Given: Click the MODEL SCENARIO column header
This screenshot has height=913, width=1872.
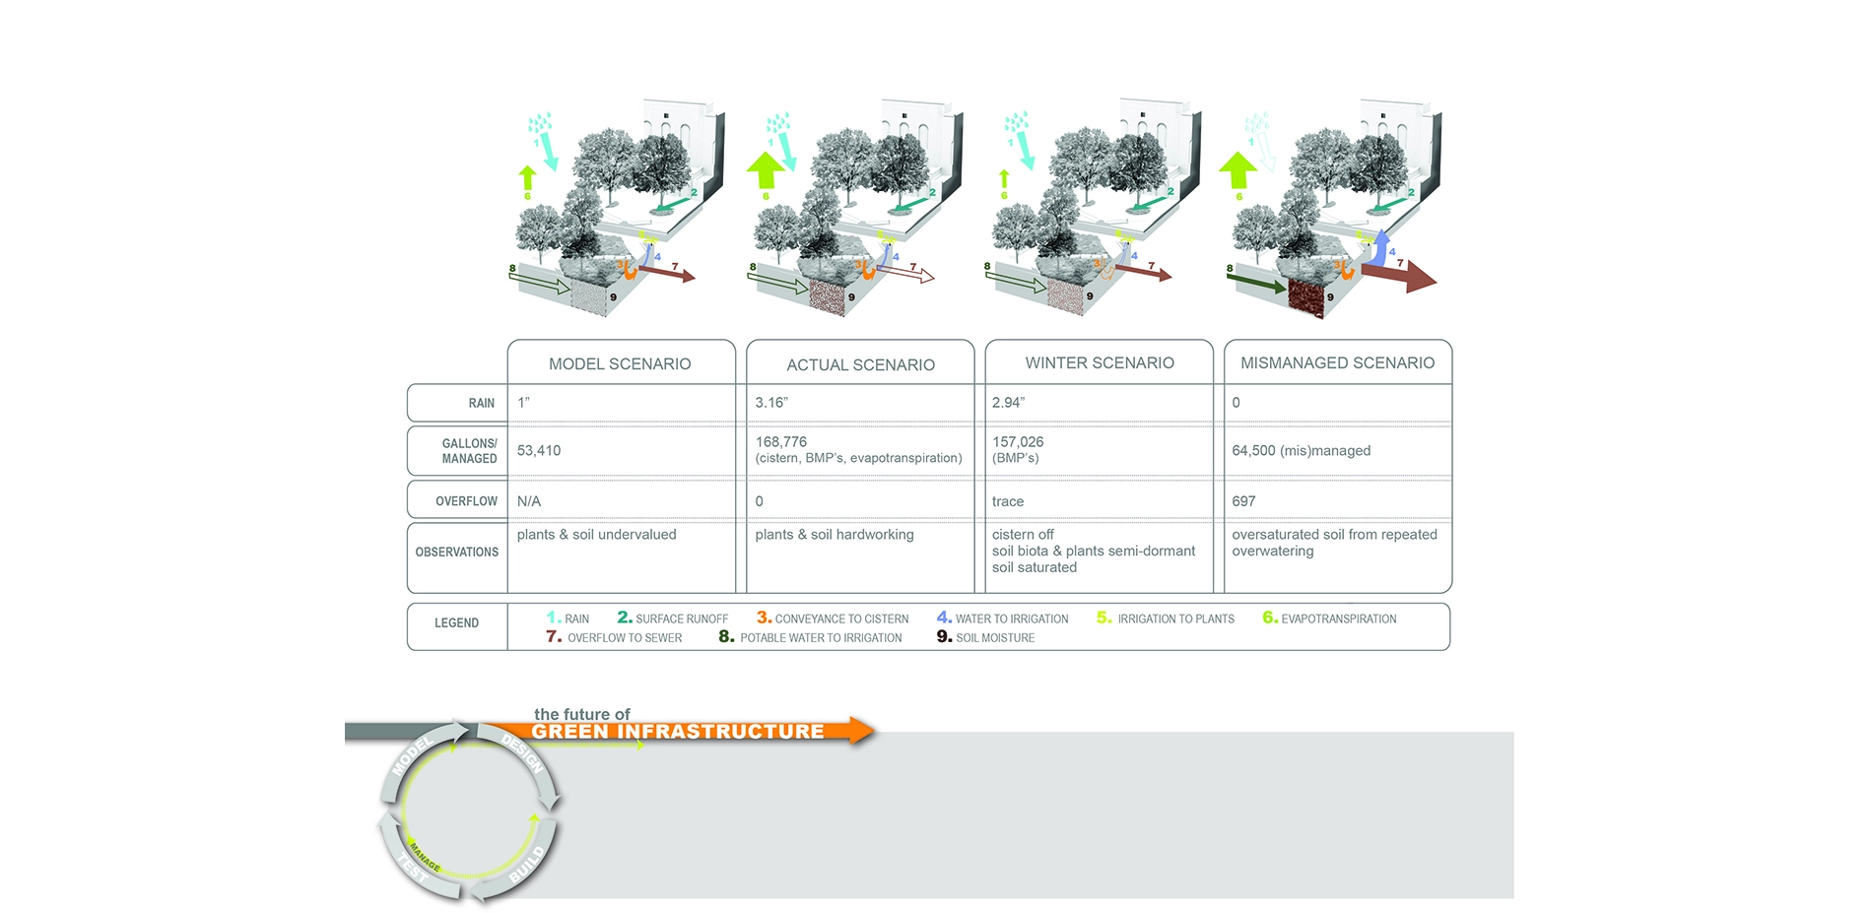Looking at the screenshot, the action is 620,363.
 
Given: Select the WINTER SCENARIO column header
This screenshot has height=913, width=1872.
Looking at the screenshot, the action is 1100,362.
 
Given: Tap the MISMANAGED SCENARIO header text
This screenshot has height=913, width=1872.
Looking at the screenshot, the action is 1337,362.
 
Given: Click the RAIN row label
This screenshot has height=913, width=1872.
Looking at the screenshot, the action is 482,403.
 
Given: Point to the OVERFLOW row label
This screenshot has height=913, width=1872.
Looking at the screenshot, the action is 466,501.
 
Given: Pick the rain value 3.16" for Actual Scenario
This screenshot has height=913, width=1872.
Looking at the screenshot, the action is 771,402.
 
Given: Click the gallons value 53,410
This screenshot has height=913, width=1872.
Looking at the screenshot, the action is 539,450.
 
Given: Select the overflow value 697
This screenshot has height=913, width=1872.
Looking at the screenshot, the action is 1243,501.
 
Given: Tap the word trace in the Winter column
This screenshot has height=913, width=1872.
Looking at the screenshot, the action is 1008,501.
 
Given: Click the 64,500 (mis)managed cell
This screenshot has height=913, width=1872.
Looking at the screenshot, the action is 1301,450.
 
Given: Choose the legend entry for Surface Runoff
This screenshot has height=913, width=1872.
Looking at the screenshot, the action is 673,619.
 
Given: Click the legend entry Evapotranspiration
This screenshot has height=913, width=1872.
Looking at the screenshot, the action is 1329,619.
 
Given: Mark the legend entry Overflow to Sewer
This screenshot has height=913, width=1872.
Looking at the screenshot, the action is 614,637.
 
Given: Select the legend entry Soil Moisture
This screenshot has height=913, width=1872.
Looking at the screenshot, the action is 985,637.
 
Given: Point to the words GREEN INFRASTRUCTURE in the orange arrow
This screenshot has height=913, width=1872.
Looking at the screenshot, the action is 678,732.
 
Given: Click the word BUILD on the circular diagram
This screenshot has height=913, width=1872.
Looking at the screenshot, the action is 527,863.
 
